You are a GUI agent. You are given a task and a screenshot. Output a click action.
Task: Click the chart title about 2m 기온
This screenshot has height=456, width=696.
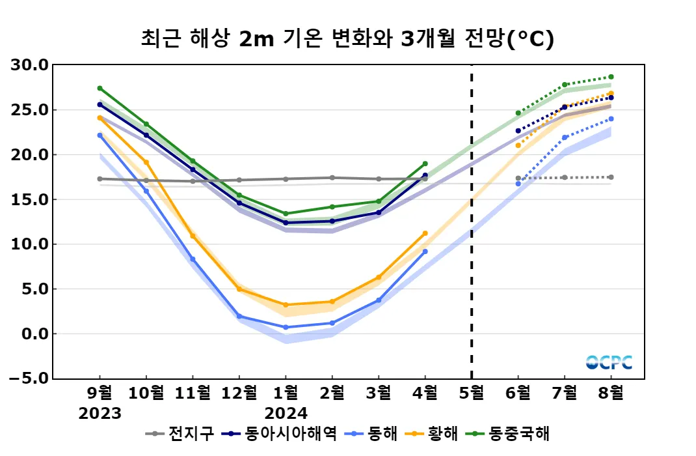[x=347, y=39]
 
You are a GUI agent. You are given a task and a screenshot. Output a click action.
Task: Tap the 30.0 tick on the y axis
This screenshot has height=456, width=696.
[x=31, y=65]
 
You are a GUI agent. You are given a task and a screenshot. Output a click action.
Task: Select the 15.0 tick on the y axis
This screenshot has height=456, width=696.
[x=31, y=199]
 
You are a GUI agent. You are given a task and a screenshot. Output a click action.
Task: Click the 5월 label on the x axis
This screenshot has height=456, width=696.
[x=472, y=393]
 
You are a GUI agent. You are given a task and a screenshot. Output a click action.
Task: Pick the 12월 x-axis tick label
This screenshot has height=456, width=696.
[x=239, y=393]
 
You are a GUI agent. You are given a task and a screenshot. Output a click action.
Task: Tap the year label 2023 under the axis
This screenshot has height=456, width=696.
[x=100, y=414]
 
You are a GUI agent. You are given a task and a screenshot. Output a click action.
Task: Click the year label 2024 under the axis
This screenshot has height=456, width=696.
[x=286, y=414]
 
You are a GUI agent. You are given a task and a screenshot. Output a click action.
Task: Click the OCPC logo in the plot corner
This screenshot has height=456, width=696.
[x=609, y=362]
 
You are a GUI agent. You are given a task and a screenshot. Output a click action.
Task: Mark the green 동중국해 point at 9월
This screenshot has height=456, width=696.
[x=100, y=88]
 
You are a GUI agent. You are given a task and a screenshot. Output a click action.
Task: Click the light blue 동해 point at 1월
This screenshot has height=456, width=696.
[x=286, y=327]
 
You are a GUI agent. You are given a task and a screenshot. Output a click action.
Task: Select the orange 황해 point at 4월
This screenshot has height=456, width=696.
[x=425, y=233]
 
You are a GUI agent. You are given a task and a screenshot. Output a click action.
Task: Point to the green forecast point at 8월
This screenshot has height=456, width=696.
[x=611, y=77]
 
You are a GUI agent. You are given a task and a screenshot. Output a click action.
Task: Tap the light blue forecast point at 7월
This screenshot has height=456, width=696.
[x=565, y=137]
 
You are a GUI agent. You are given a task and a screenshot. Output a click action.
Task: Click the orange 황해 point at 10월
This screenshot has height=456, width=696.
[x=146, y=162]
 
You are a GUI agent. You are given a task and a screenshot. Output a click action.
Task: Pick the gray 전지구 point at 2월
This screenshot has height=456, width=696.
[x=332, y=178]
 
